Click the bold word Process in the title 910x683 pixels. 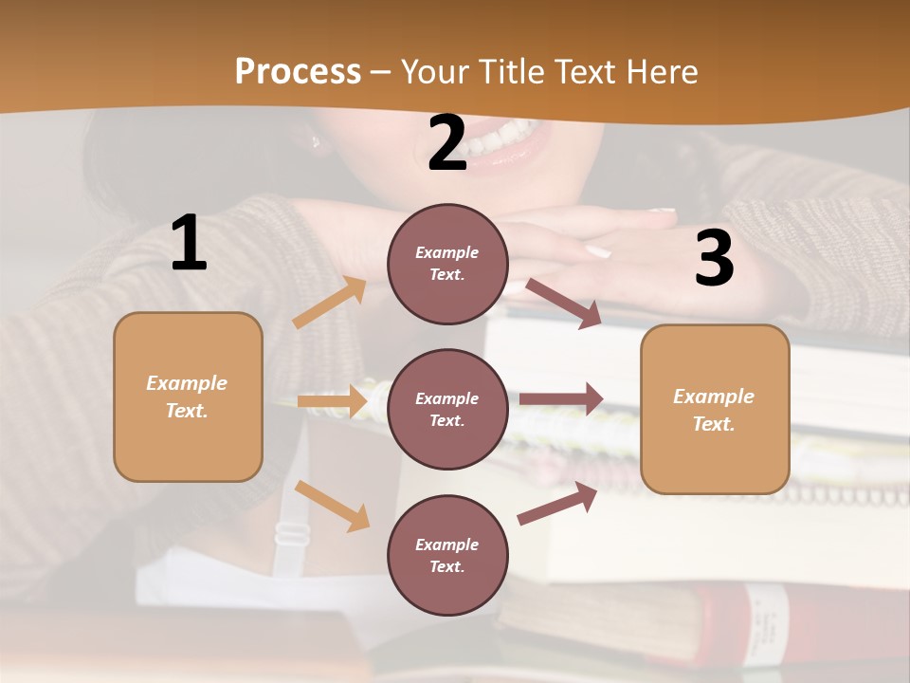(x=298, y=71)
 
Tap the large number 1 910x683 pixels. (x=189, y=244)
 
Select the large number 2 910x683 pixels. (x=447, y=143)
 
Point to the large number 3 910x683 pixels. (x=714, y=258)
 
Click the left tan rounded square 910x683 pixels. (x=188, y=397)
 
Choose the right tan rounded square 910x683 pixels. (x=715, y=409)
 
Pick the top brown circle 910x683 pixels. (x=447, y=264)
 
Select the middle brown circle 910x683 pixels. (x=447, y=409)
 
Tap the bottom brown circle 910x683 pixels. (x=447, y=555)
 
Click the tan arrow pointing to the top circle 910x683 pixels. (x=330, y=303)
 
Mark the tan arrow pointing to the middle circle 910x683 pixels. (x=332, y=401)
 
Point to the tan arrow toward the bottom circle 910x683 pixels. (x=332, y=506)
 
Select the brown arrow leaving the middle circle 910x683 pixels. (x=561, y=399)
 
